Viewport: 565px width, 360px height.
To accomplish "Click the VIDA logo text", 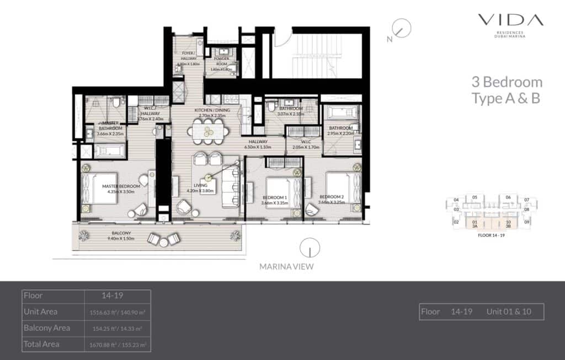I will [x=510, y=21].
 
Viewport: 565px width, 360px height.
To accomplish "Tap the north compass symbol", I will [x=401, y=28].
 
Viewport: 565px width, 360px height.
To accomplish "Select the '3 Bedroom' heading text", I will [x=507, y=83].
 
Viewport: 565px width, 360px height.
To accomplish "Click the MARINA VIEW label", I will [x=286, y=267].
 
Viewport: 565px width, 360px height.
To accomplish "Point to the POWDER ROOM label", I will [x=221, y=59].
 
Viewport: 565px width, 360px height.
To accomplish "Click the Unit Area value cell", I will [x=118, y=311].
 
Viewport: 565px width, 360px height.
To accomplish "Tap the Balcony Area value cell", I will [x=118, y=328].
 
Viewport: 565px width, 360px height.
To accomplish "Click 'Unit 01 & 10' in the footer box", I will [x=508, y=311].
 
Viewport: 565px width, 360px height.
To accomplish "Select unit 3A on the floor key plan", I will [x=475, y=223].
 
